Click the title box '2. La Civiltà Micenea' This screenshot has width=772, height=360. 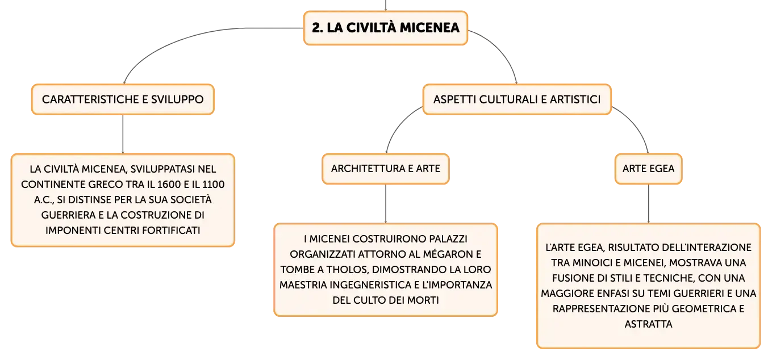(385, 28)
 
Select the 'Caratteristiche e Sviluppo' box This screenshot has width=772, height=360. (123, 99)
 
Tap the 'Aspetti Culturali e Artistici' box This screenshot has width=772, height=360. (516, 99)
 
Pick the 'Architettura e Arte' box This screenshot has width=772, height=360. (386, 169)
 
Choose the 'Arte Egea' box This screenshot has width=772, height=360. (648, 169)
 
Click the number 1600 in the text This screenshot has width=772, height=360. (169, 185)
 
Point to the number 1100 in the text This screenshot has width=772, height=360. (213, 185)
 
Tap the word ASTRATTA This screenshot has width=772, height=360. (648, 324)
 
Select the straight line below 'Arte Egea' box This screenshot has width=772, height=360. (648, 204)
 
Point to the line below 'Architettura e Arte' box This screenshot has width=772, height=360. (386, 204)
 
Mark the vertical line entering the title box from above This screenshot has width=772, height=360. (386, 6)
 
